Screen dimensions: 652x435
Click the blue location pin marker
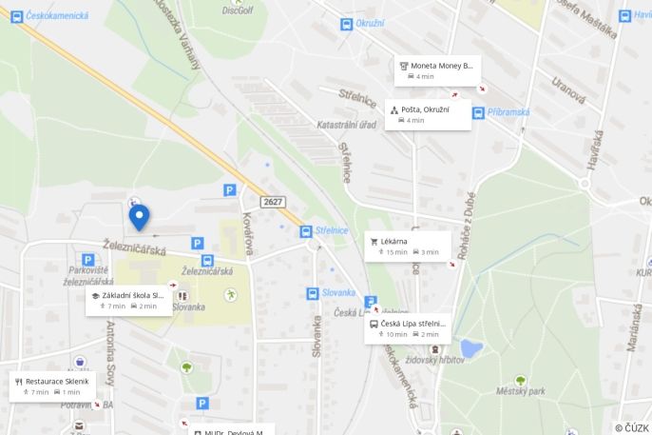140,216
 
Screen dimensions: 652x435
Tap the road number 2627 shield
274,202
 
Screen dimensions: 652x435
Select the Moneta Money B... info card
437,70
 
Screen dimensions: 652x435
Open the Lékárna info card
408,247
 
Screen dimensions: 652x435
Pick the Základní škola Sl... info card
128,301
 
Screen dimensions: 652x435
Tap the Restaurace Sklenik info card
53,386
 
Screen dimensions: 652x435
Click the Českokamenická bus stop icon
17,16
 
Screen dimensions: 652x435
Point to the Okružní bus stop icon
346,24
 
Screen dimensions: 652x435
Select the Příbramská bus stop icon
478,112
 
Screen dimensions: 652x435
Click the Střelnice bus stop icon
306,231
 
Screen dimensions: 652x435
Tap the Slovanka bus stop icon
313,293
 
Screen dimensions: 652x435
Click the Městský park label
523,391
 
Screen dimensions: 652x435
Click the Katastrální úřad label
347,125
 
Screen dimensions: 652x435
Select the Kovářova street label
248,232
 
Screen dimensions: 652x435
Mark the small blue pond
470,347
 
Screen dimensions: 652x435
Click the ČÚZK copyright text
631,427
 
